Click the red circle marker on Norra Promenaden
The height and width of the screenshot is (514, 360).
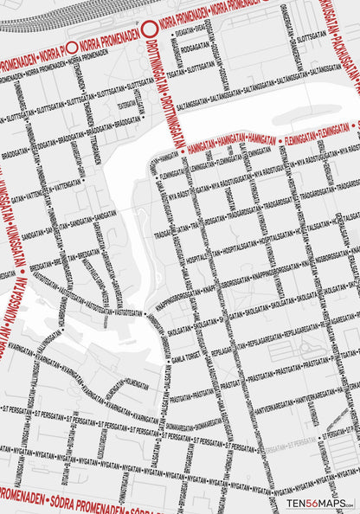(x=148, y=27)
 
